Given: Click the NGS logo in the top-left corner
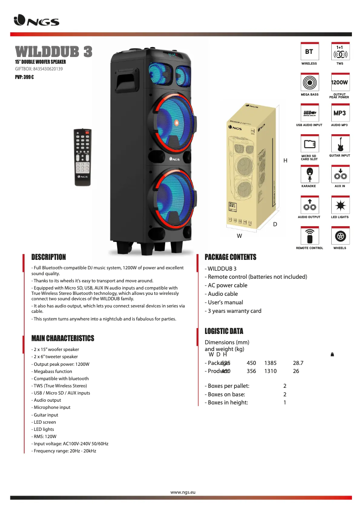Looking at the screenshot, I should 36,21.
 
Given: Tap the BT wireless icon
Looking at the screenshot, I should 309,52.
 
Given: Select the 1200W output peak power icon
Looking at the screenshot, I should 340,83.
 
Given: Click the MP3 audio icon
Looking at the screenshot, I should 340,114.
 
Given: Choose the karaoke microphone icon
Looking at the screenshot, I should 309,174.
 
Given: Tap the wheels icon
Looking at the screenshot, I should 340,236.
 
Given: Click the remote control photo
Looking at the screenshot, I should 83,157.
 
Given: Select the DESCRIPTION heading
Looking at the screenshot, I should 48,257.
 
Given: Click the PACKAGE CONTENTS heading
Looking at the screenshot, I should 230,257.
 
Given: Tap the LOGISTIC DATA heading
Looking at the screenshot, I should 224,331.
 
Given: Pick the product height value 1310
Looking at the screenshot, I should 270,371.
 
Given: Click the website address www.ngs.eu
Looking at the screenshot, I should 183,492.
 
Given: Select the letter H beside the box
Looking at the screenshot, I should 285,160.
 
